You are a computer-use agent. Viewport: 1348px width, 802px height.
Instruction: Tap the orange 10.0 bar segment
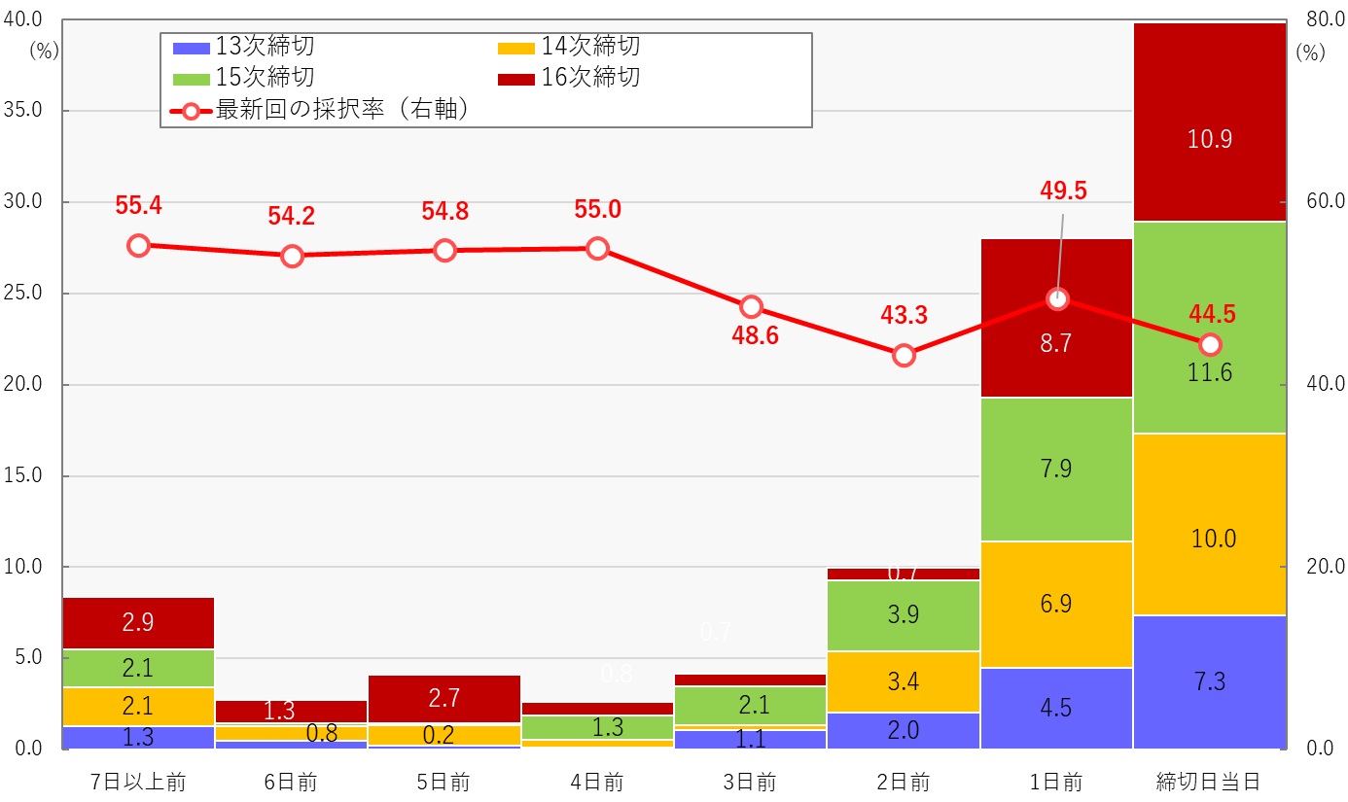[1209, 524]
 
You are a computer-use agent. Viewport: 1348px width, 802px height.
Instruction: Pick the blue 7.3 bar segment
[1209, 681]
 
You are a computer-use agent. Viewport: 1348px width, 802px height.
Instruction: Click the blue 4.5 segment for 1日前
[1056, 708]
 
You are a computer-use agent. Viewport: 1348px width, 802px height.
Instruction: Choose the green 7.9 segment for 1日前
[1056, 470]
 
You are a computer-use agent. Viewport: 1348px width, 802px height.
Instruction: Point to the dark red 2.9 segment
[138, 623]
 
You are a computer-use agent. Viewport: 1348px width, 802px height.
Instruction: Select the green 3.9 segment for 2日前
[904, 615]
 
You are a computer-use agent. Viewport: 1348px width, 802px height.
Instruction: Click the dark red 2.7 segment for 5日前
[444, 699]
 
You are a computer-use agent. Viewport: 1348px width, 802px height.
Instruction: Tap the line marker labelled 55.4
[138, 245]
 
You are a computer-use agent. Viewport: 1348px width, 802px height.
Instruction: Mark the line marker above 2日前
[904, 355]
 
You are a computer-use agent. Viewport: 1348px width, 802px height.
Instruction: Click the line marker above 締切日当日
[1210, 344]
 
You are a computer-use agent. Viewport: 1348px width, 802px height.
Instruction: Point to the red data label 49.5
[1062, 191]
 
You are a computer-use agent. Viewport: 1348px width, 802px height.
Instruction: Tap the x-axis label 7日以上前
[137, 782]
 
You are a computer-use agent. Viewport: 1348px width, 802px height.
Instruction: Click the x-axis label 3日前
[750, 782]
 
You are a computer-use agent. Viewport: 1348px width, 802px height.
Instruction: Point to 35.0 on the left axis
[23, 111]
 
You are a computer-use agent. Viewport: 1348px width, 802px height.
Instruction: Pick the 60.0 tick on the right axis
[1323, 202]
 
